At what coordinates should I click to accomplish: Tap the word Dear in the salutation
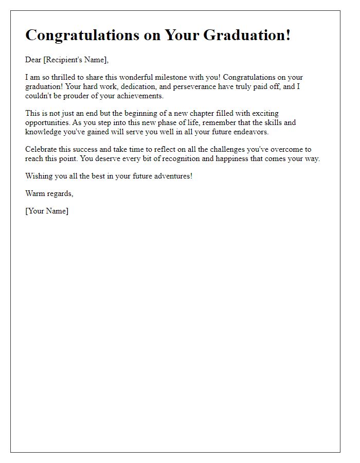(33, 60)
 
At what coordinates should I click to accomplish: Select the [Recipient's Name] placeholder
(76, 60)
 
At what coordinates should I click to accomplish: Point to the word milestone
(179, 78)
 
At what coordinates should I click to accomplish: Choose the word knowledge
(43, 132)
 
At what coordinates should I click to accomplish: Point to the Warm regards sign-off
(49, 193)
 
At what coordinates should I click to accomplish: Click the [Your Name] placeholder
(47, 211)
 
